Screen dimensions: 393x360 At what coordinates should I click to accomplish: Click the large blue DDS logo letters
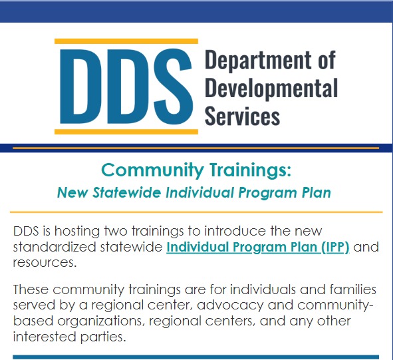(126, 87)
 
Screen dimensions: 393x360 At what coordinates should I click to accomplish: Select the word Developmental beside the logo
(271, 89)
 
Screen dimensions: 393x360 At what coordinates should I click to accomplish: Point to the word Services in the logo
(242, 116)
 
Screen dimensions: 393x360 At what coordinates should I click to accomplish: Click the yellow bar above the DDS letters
(126, 41)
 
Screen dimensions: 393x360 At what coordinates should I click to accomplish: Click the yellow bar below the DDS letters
(126, 132)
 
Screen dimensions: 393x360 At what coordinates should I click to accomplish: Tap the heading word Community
(153, 170)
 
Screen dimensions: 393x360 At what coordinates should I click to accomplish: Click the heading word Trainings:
(251, 170)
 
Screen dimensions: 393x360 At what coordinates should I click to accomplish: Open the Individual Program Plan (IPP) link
(258, 248)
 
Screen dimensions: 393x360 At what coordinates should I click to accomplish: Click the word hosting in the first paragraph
(77, 232)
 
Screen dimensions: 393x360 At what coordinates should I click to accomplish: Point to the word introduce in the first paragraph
(235, 231)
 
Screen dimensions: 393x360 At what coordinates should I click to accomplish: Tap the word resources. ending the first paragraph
(45, 263)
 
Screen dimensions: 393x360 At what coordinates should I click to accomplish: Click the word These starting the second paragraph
(31, 289)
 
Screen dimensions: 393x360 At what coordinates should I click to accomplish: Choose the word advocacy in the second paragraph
(230, 305)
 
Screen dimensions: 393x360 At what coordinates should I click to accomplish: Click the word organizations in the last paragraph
(101, 321)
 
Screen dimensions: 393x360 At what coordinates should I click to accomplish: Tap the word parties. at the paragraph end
(103, 337)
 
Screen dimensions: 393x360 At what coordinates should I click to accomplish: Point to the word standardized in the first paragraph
(55, 247)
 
